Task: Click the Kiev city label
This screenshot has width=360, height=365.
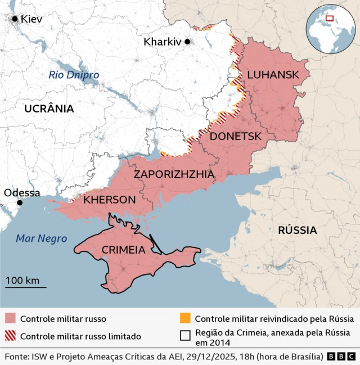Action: pyautogui.click(x=31, y=19)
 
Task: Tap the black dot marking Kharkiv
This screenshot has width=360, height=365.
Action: pyautogui.click(x=187, y=42)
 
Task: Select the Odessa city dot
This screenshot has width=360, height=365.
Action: pyautogui.click(x=20, y=202)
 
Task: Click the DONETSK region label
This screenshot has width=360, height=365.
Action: pyautogui.click(x=236, y=136)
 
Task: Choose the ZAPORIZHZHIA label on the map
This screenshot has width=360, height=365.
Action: pyautogui.click(x=174, y=174)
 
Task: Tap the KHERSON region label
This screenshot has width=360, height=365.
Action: pyautogui.click(x=109, y=200)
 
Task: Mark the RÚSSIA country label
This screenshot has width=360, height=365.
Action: pyautogui.click(x=298, y=230)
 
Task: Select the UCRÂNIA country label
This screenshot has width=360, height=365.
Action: pyautogui.click(x=49, y=109)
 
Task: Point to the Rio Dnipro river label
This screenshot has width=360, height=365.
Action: pyautogui.click(x=74, y=75)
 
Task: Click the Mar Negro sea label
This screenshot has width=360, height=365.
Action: pyautogui.click(x=41, y=238)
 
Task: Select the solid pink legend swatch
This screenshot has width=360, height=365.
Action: pyautogui.click(x=11, y=319)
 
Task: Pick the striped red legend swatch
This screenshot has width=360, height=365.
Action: pyautogui.click(x=11, y=336)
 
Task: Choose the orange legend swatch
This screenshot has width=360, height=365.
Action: pyautogui.click(x=185, y=319)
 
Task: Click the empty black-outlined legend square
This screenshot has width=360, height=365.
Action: pyautogui.click(x=185, y=336)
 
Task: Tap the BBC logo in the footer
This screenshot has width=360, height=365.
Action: pyautogui.click(x=341, y=357)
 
